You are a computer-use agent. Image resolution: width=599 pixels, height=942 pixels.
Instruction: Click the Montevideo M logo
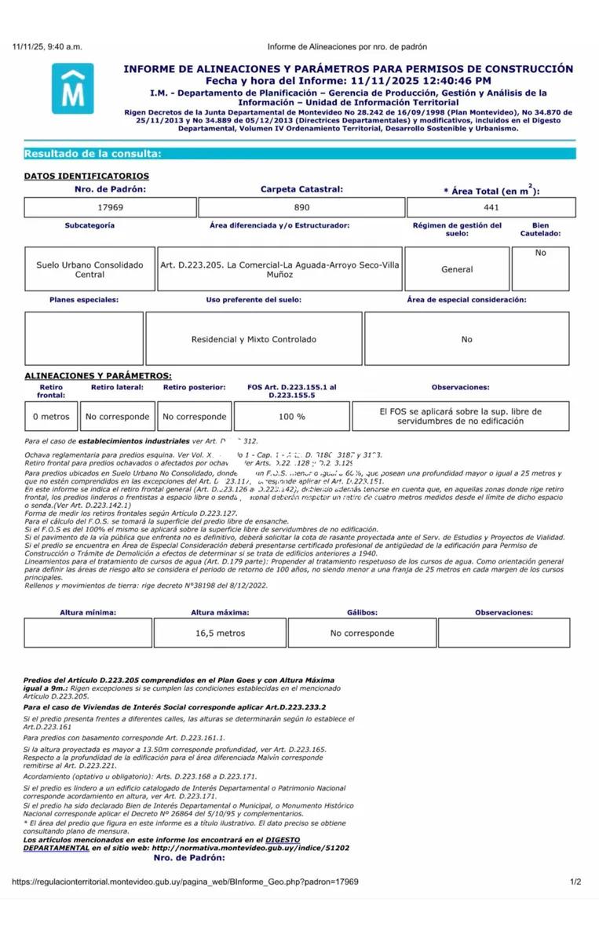(72, 88)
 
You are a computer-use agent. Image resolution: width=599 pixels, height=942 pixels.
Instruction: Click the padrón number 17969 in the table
(110, 207)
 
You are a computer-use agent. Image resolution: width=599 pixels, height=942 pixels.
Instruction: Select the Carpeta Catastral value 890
(301, 207)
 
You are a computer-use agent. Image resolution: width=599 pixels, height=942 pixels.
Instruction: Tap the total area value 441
(491, 207)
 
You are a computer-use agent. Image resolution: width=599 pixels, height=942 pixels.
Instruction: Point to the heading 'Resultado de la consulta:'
(93, 154)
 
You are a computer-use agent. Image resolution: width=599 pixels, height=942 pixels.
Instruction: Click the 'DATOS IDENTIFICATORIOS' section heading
(86, 176)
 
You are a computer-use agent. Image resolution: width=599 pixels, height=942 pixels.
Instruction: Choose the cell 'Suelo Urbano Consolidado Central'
(89, 269)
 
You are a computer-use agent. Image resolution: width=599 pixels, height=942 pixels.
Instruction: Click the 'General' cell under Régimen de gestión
(457, 269)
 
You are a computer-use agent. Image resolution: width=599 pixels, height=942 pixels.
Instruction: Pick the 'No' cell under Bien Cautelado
(540, 253)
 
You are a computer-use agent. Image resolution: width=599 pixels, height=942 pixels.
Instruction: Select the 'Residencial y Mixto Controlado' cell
(254, 339)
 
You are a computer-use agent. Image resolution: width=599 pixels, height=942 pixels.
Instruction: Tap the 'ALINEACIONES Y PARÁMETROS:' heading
(98, 376)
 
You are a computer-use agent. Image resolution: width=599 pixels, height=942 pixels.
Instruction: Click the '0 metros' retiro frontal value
(51, 416)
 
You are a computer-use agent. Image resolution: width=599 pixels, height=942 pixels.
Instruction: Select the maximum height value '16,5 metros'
(220, 633)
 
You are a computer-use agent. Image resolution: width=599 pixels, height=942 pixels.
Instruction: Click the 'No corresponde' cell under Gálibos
(362, 633)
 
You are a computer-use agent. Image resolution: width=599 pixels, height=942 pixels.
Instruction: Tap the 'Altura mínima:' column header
(88, 612)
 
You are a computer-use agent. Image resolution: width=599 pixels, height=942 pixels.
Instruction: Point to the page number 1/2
(575, 882)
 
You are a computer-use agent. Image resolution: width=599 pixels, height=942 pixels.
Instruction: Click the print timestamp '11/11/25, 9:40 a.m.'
(47, 47)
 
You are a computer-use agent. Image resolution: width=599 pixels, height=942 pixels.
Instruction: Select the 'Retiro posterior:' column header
(194, 387)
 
